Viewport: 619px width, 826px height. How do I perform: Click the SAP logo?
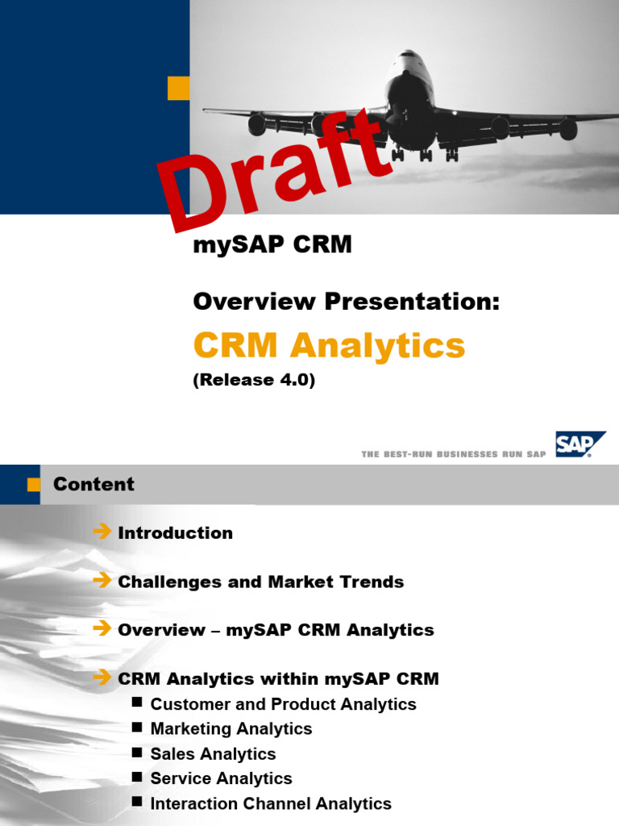point(580,444)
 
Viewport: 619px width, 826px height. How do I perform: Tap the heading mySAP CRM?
point(272,245)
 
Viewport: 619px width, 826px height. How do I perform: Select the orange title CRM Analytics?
point(329,346)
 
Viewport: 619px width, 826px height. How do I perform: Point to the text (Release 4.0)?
point(254,381)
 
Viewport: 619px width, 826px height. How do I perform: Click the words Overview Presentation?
point(347,302)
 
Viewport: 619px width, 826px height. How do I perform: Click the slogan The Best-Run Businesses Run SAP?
point(454,454)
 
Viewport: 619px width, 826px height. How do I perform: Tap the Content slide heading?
point(93,484)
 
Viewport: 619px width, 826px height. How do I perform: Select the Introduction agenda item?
point(175,533)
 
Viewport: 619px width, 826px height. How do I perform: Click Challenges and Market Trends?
point(260,582)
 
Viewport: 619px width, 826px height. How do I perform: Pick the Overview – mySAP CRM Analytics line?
point(276,630)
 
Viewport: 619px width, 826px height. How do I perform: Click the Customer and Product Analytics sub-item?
point(283,704)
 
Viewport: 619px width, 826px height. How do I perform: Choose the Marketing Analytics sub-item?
point(231,729)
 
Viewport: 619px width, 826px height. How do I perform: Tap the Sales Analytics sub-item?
point(213,754)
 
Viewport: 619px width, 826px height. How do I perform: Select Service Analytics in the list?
point(221,779)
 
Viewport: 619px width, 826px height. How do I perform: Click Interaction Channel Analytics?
point(271,804)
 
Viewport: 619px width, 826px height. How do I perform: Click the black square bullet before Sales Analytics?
point(137,753)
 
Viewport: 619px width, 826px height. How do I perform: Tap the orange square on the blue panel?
point(178,88)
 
